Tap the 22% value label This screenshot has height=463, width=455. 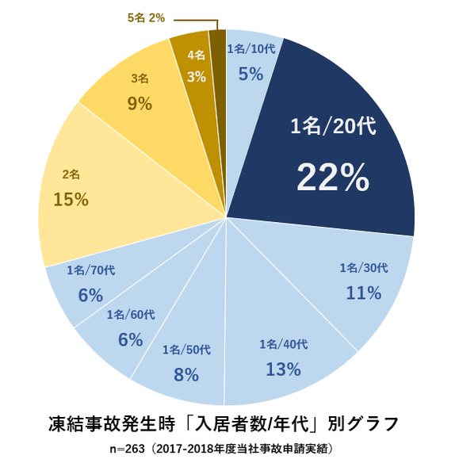tap(332, 178)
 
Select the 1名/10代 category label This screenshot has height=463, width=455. tap(252, 48)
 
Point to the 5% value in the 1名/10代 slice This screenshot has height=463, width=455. tap(250, 73)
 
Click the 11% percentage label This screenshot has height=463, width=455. tap(364, 293)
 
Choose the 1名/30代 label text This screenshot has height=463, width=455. tap(363, 268)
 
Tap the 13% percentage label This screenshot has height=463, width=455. tap(283, 369)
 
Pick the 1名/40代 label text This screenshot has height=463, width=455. tap(283, 344)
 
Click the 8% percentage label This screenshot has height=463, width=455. tap(185, 374)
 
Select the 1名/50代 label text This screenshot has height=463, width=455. tap(186, 350)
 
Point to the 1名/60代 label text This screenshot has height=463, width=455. tap(130, 315)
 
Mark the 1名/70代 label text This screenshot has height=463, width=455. tap(91, 270)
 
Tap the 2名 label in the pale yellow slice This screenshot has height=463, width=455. tap(71, 174)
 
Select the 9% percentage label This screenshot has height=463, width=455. tap(139, 103)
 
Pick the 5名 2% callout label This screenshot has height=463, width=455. tap(146, 17)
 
